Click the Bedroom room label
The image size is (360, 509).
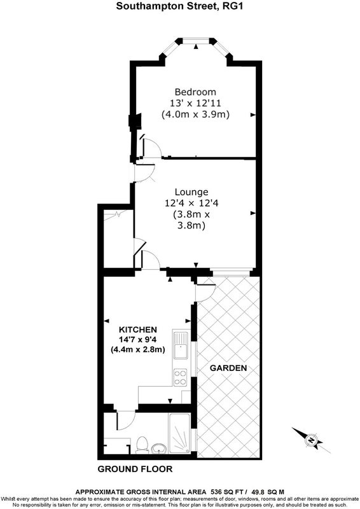[x=195, y=92]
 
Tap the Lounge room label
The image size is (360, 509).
[x=191, y=192]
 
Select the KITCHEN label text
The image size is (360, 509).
[x=137, y=330]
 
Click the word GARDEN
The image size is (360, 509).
[x=228, y=368]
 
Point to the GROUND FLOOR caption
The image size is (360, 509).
[x=135, y=469]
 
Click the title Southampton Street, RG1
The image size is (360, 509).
[x=179, y=6]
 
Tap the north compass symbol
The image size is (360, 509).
[x=311, y=440]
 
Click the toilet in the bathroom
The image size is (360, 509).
[x=141, y=445]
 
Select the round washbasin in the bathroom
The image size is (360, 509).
[x=159, y=449]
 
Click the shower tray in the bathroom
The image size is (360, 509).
[x=179, y=433]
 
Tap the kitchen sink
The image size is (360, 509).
[x=181, y=345]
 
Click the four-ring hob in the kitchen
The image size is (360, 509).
[x=180, y=377]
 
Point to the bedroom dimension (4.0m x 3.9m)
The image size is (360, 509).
[x=195, y=115]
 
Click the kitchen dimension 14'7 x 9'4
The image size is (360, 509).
[x=138, y=340]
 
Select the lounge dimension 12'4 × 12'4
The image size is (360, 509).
[x=191, y=203]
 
